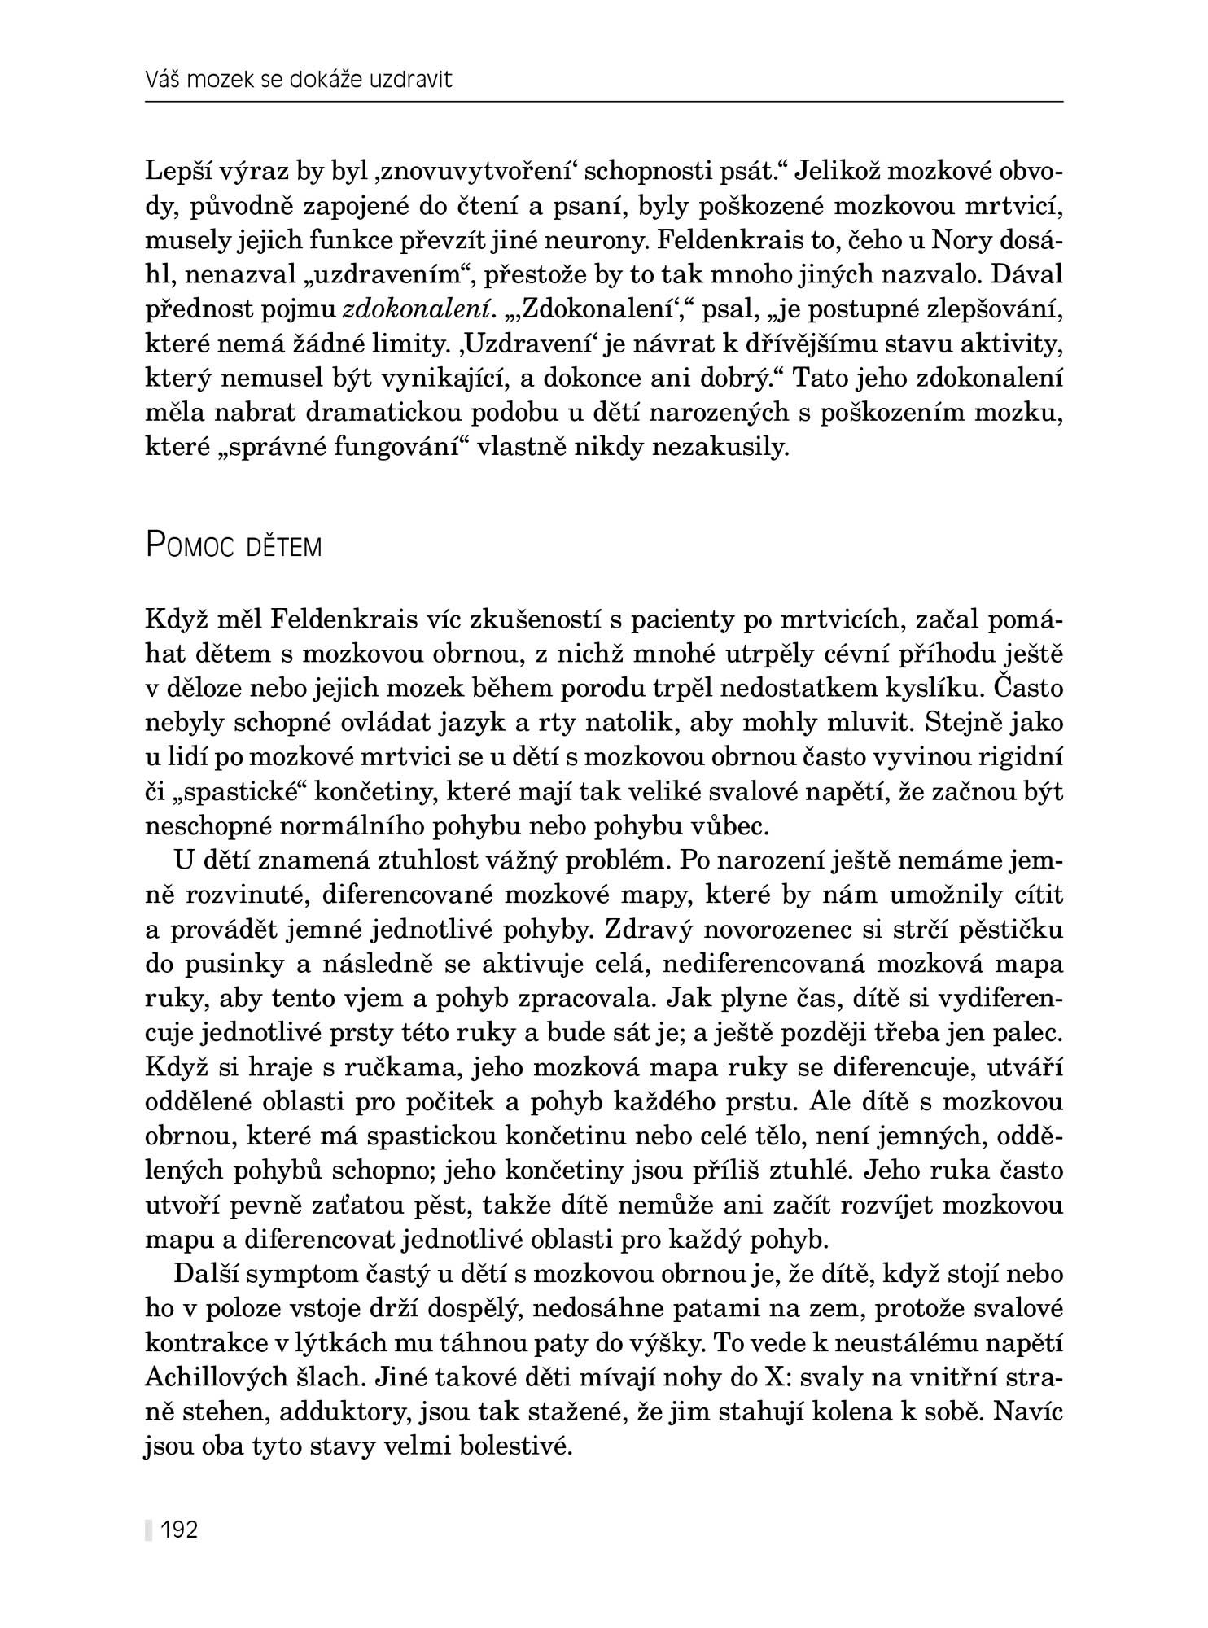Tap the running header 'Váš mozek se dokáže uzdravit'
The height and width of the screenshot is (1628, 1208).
tap(298, 81)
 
